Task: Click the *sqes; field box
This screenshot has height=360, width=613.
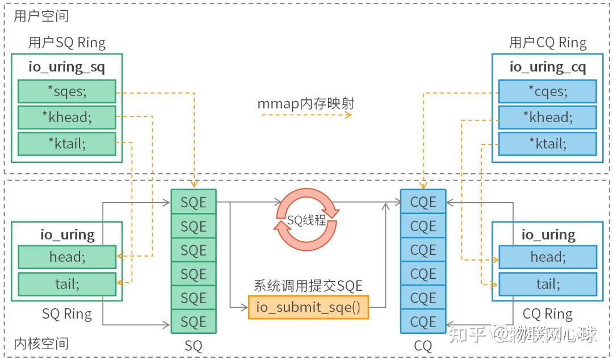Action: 66,91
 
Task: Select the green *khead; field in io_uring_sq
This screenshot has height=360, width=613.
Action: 66,117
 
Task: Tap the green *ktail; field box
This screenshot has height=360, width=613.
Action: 66,143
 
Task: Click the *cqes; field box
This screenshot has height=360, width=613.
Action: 547,91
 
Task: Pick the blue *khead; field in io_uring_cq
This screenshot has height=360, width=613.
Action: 547,117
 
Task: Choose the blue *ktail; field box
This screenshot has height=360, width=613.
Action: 547,143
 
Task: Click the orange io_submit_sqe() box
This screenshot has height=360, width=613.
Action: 308,307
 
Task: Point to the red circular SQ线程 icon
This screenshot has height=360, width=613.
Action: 307,220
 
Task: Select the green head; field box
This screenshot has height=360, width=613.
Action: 66,257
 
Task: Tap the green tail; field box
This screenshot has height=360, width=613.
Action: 66,283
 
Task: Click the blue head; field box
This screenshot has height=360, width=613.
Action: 547,257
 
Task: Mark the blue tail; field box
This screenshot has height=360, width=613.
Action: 547,283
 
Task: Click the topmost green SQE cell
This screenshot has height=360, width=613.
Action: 194,202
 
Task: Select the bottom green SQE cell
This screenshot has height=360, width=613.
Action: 194,322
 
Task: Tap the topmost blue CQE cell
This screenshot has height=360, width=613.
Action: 423,202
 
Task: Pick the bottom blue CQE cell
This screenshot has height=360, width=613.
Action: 423,322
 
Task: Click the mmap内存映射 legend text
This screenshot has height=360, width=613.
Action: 306,104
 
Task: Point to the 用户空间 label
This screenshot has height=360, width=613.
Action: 41,16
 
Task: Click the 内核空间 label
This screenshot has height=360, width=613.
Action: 41,344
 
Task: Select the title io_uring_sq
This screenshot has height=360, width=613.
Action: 66,66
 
